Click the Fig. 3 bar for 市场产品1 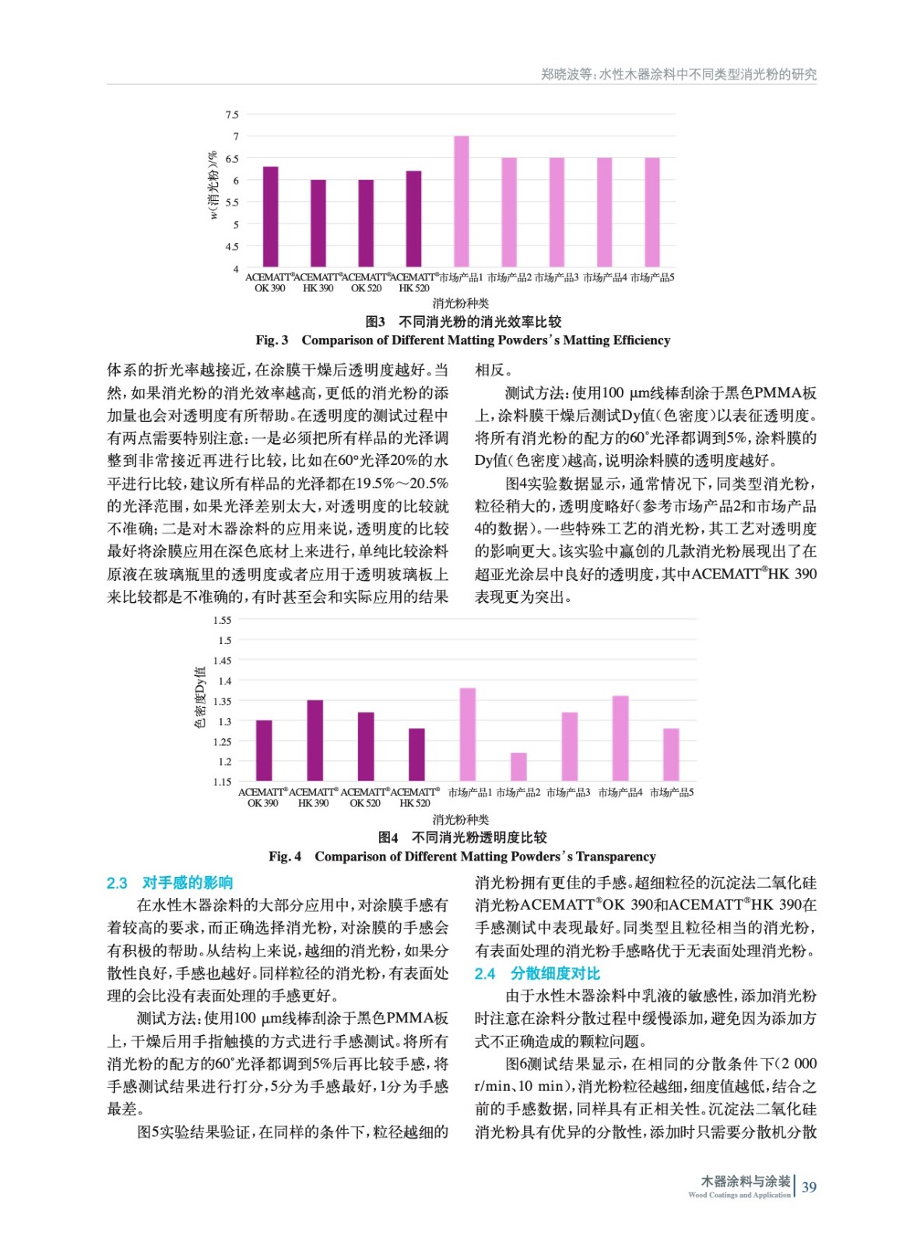pyautogui.click(x=462, y=202)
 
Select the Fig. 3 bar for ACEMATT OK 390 pyautogui.click(x=270, y=217)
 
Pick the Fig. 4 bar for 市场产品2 pyautogui.click(x=518, y=767)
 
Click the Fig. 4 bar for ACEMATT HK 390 pyautogui.click(x=314, y=741)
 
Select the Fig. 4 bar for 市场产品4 pyautogui.click(x=620, y=738)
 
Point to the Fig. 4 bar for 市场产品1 pyautogui.click(x=467, y=734)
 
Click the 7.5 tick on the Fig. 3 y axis pyautogui.click(x=232, y=114)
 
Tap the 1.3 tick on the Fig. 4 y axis pyautogui.click(x=224, y=721)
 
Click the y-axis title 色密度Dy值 pyautogui.click(x=199, y=698)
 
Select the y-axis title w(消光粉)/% pyautogui.click(x=213, y=185)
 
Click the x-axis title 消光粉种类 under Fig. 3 pyautogui.click(x=461, y=303)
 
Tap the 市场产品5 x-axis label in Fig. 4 pyautogui.click(x=671, y=792)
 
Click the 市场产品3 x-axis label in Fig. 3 pyautogui.click(x=557, y=277)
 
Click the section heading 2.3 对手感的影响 pyautogui.click(x=170, y=882)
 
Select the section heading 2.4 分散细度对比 pyautogui.click(x=537, y=973)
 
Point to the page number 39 pyautogui.click(x=809, y=1187)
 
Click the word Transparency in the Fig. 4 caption pyautogui.click(x=615, y=856)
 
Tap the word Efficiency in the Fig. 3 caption pyautogui.click(x=641, y=340)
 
